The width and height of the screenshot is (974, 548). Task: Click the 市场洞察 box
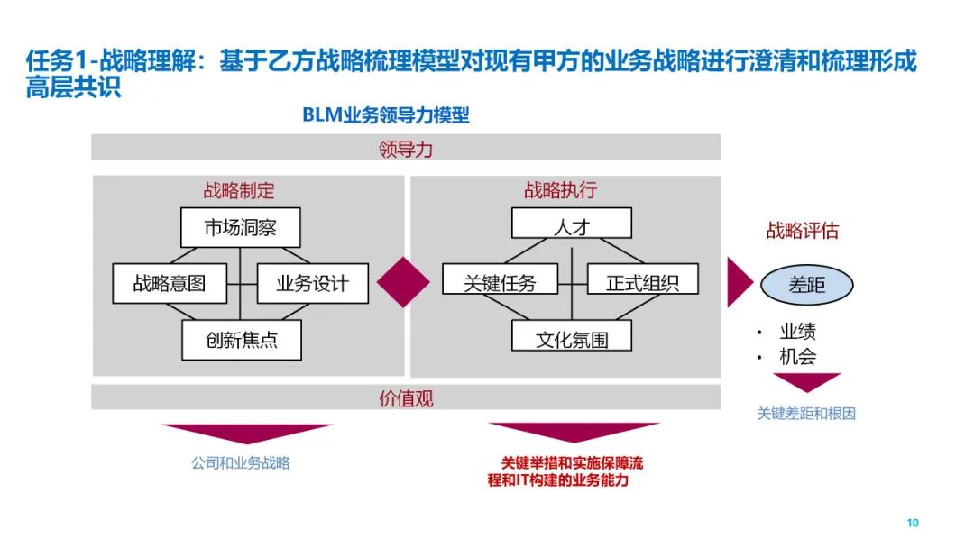pos(240,228)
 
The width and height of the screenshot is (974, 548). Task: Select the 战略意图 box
pos(170,284)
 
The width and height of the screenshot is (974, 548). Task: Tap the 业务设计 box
pos(312,284)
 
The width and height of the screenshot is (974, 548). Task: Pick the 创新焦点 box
pos(241,341)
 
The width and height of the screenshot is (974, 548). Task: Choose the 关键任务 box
pos(500,284)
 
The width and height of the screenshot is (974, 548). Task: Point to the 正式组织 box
pos(643,284)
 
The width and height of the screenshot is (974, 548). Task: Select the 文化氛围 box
pos(571,341)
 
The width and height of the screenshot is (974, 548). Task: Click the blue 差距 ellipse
pos(807,286)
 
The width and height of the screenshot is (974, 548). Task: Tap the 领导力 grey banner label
pos(406,149)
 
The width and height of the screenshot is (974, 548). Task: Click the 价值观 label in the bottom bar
pos(406,397)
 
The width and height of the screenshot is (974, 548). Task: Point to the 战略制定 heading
pos(239,190)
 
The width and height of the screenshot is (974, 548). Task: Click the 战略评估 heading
pos(802,231)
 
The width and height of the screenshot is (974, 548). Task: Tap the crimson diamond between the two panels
pos(403,282)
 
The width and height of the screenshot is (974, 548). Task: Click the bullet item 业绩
pos(798,332)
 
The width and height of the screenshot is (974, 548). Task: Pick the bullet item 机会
pos(798,357)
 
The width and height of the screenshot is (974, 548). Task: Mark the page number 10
pos(912,523)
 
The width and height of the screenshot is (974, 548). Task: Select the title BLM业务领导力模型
pos(385,115)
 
